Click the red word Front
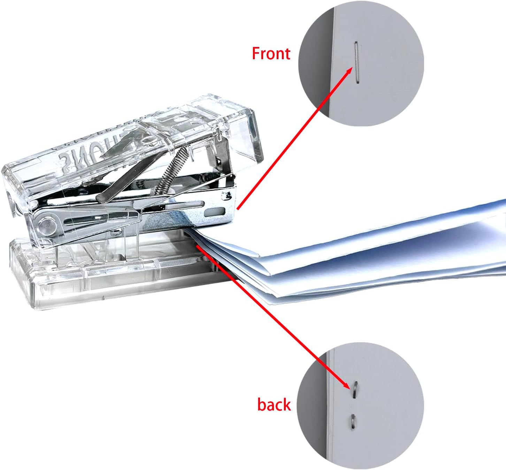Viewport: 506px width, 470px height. [271, 54]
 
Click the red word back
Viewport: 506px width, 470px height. [274, 405]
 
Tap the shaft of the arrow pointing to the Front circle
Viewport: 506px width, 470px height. [293, 139]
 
